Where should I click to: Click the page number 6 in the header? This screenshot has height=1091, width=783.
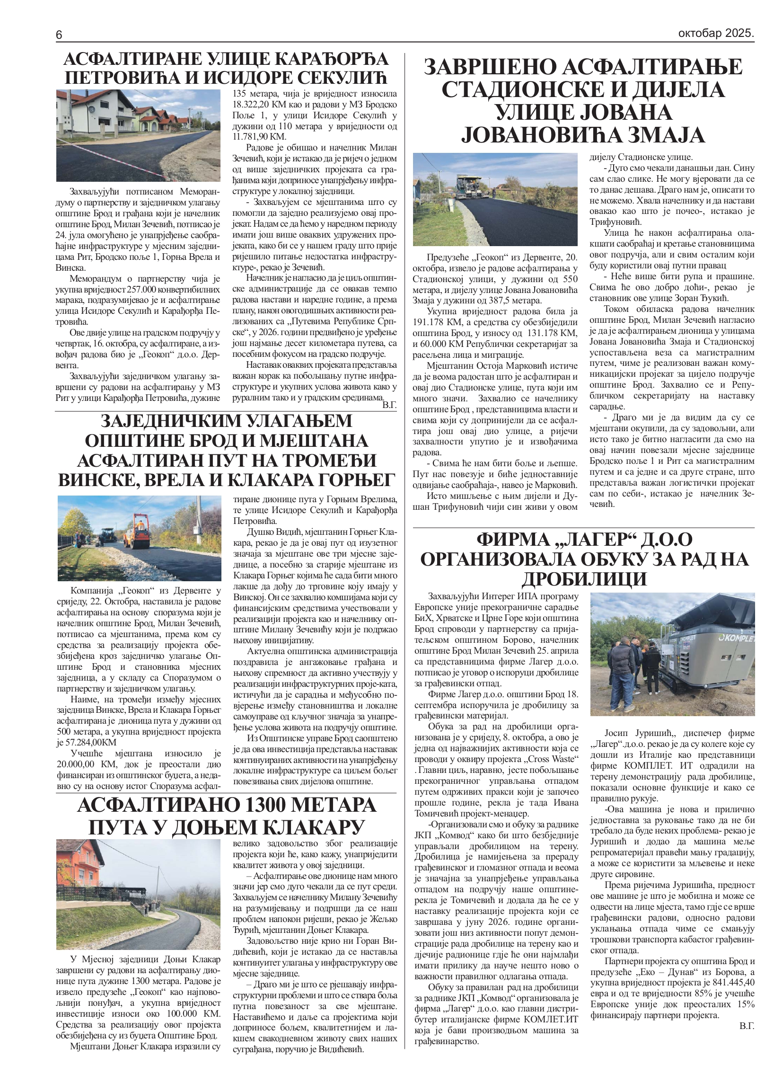[x=59, y=35]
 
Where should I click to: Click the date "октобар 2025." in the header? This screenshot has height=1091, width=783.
[x=716, y=34]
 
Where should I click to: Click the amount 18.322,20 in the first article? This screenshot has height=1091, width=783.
[x=253, y=105]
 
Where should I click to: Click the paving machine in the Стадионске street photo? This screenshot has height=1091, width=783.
[x=468, y=186]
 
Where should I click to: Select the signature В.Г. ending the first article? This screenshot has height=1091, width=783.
[x=389, y=405]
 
